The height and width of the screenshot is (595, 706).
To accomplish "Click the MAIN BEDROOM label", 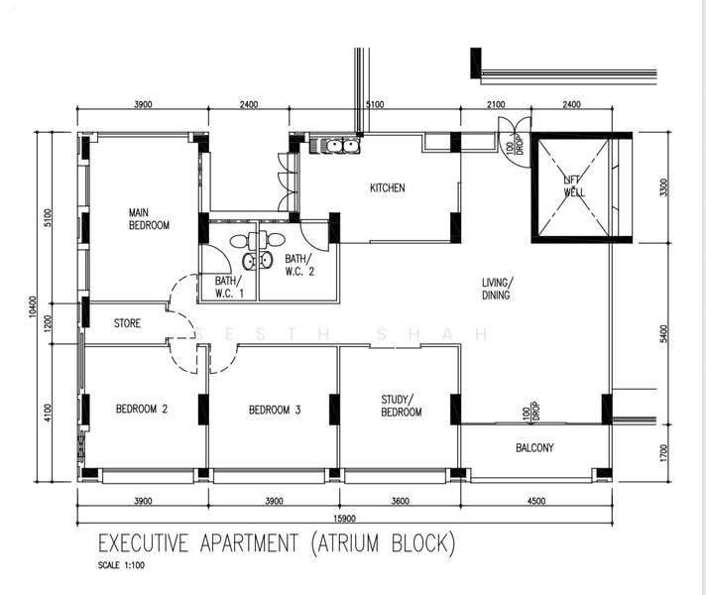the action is pos(149,218).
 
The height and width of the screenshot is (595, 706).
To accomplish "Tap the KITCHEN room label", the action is pos(388,187).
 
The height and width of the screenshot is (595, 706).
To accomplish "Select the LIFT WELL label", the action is pos(574,186).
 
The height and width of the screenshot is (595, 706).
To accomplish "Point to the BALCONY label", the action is pos(534,447).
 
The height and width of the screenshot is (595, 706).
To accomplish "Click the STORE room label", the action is pos(127,323).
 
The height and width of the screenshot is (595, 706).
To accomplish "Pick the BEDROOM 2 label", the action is pos(142,409).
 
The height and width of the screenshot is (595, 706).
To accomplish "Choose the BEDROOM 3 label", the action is pos(275,410).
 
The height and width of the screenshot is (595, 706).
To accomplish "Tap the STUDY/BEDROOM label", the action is pos(402,406).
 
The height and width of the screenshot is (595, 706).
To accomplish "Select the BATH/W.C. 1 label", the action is pos(230,287).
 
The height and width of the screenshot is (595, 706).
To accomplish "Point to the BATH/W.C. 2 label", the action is pos(299,265).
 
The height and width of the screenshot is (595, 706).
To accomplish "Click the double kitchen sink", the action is pos(342,146).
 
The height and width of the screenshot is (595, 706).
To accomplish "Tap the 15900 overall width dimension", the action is pos(344,518).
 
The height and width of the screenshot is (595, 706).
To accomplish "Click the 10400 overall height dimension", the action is pos(32,306).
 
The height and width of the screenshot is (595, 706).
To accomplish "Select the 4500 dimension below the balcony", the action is pos(536,501).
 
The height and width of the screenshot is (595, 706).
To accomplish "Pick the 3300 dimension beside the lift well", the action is pos(664,187).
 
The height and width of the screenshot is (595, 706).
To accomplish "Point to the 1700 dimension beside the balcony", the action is pos(664,452).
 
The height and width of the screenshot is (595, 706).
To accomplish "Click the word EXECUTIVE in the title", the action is pos(143,542).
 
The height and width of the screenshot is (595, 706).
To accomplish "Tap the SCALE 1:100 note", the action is pos(121,565).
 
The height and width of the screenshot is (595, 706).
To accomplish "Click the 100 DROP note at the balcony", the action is pos(530,411).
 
